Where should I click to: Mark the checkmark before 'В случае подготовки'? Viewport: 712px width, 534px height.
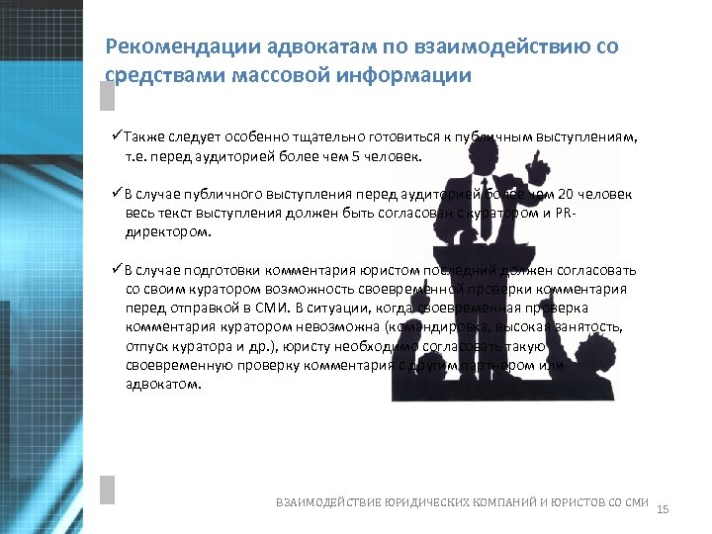(116, 270)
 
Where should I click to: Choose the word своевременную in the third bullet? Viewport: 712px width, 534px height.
(173, 365)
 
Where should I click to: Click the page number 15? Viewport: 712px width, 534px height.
(663, 508)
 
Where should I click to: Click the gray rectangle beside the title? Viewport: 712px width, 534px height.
(107, 95)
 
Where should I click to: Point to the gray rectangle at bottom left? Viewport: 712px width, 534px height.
(108, 490)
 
